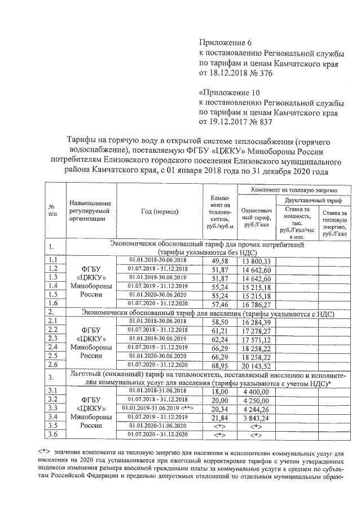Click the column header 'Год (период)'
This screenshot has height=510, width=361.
pyautogui.click(x=159, y=211)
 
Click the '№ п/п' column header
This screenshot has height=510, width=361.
pyautogui.click(x=52, y=211)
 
